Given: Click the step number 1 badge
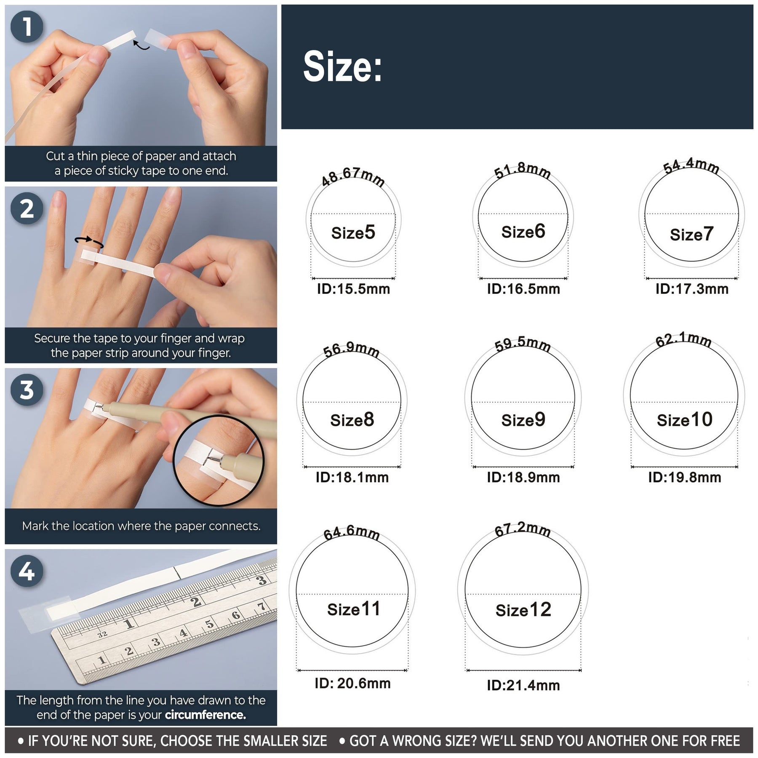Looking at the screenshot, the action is (27, 27).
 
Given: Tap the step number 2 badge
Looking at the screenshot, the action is (27, 208).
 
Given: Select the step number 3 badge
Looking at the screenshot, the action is (27, 390).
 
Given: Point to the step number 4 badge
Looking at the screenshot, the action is (27, 571).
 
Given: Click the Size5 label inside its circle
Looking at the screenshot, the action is (353, 232).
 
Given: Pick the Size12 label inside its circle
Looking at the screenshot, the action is (523, 610).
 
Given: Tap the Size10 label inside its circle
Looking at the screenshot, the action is (685, 420).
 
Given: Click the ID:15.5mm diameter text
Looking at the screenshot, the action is (353, 289).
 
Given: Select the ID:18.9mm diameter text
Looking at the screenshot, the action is (523, 477).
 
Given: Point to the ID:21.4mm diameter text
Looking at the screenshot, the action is (523, 685).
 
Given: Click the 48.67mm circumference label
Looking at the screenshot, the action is (353, 176).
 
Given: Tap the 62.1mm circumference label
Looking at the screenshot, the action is (683, 339).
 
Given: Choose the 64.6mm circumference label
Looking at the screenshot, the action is (352, 533).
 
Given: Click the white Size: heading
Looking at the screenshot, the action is (342, 67).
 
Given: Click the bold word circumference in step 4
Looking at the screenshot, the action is (205, 715).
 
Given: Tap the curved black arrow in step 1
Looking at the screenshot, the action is (141, 45).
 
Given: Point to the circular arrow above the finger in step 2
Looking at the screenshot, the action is (89, 241).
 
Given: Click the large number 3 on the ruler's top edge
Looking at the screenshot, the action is (262, 580).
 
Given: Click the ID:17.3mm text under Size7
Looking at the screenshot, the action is (692, 289).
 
